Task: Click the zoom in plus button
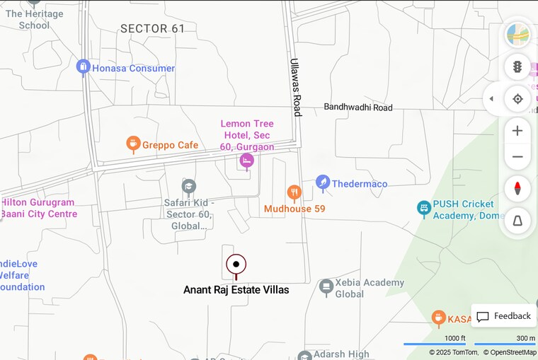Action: tap(517, 131)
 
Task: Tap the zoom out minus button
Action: tap(517, 157)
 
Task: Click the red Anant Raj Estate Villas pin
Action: tap(236, 265)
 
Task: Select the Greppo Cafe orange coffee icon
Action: tap(133, 144)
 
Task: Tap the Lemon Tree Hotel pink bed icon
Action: tap(246, 161)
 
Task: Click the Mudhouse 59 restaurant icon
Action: tap(294, 192)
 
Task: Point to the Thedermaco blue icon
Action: tap(323, 183)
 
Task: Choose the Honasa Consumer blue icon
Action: tap(83, 68)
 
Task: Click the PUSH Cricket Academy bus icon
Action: tap(423, 209)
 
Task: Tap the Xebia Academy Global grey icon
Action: tap(326, 287)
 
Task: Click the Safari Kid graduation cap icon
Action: tap(188, 186)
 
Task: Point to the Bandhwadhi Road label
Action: tap(357, 108)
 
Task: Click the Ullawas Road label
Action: tap(296, 87)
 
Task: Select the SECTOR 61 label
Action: tap(152, 29)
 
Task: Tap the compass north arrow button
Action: tap(517, 189)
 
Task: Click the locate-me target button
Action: tap(517, 98)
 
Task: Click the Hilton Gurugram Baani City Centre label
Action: tap(39, 208)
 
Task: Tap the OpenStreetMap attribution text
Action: tap(510, 352)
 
